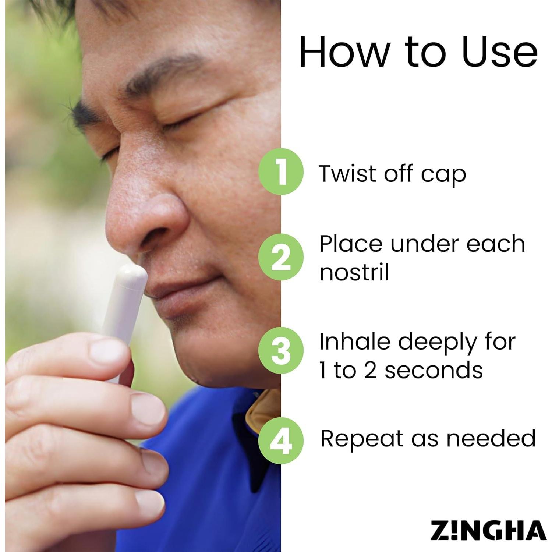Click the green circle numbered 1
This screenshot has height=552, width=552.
[x=281, y=171]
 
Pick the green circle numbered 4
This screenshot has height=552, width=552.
[x=281, y=440]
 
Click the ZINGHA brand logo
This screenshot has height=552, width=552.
[x=488, y=531]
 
